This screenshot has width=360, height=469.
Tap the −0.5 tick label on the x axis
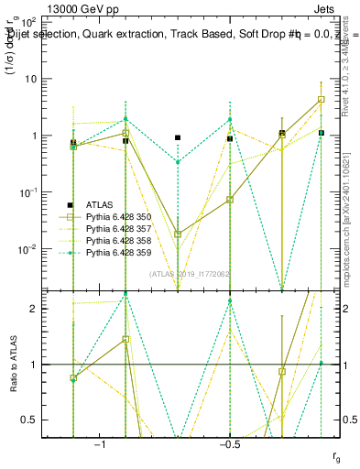point(230,443)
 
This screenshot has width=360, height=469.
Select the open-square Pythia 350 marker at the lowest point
point(178,234)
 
